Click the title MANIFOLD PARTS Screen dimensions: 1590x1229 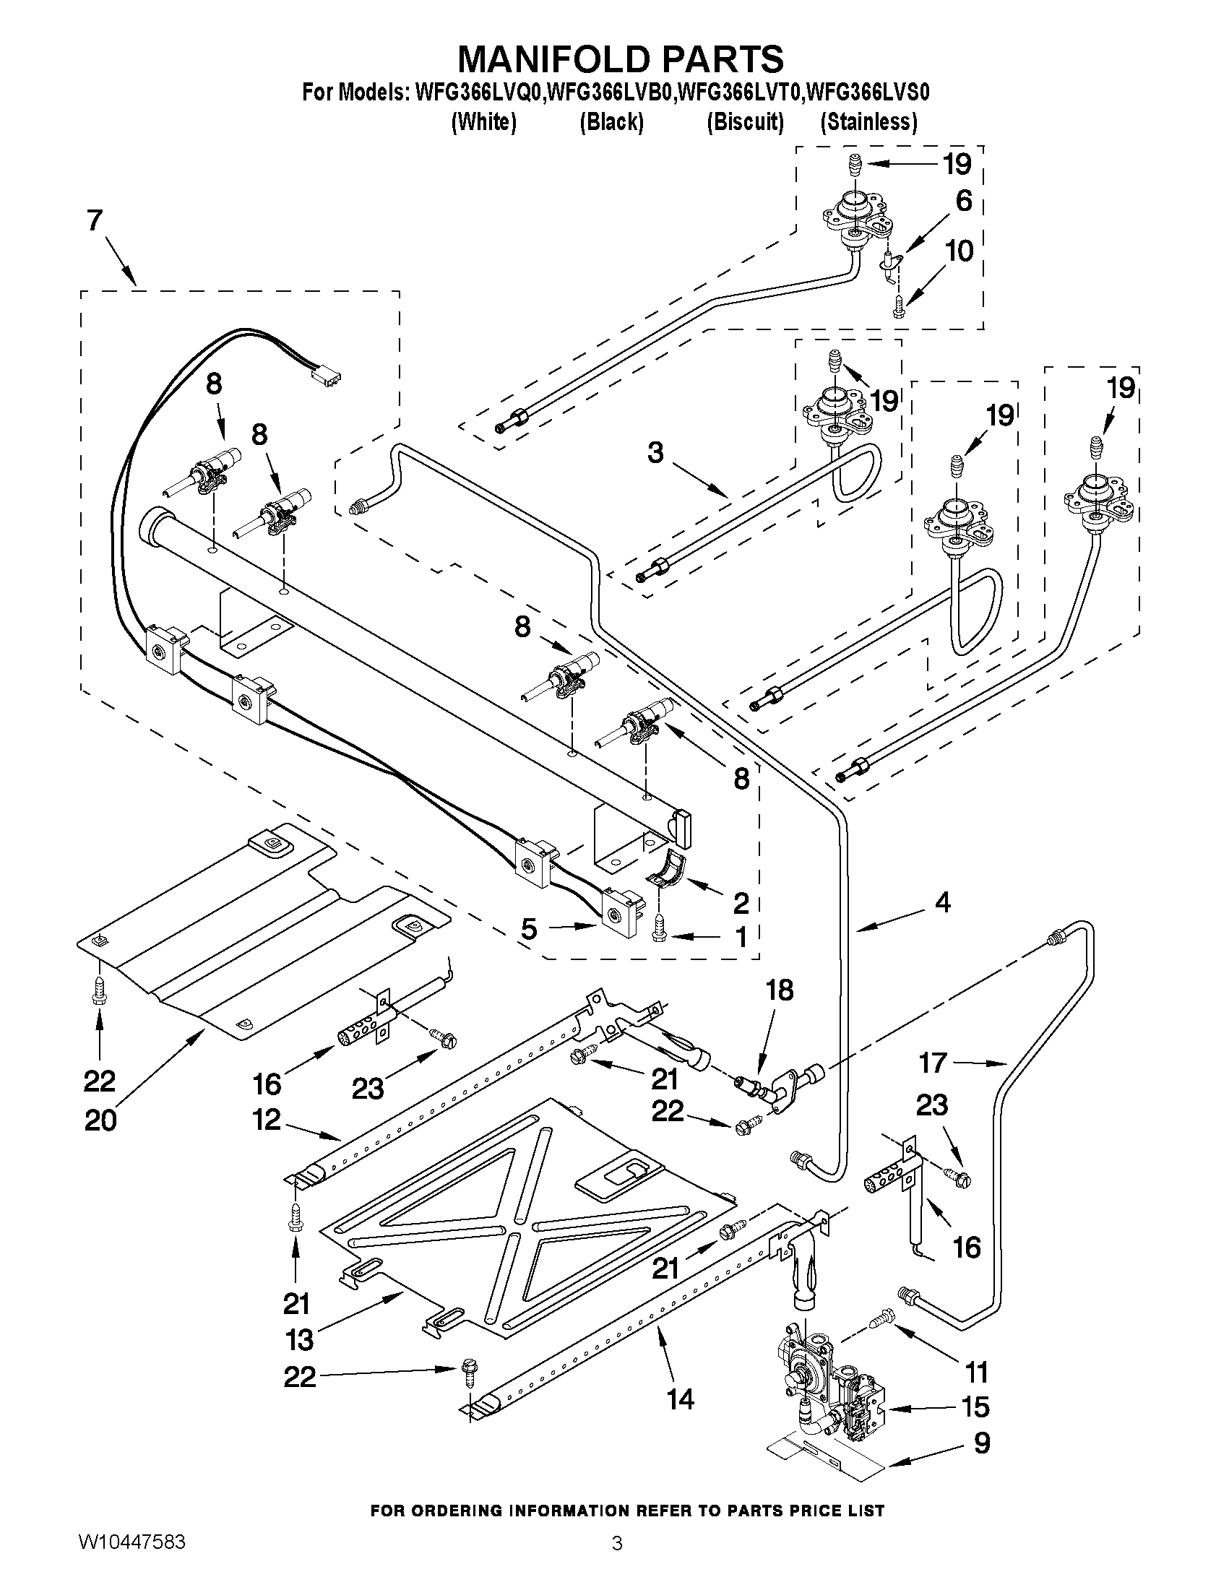(x=621, y=59)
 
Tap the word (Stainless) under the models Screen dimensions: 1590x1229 (x=868, y=121)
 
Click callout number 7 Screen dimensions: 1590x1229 (x=95, y=221)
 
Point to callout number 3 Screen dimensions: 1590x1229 (x=655, y=453)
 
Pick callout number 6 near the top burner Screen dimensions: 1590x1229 (x=963, y=202)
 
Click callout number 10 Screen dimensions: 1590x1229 (x=960, y=251)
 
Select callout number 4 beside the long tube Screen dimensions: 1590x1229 (x=942, y=903)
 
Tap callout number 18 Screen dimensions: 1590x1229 (x=780, y=991)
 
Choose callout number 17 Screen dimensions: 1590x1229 (x=932, y=1063)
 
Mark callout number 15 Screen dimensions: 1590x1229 (x=975, y=1407)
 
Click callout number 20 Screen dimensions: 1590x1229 (x=100, y=1120)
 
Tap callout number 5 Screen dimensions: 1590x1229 (x=530, y=929)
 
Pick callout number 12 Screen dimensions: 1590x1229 (x=267, y=1119)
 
